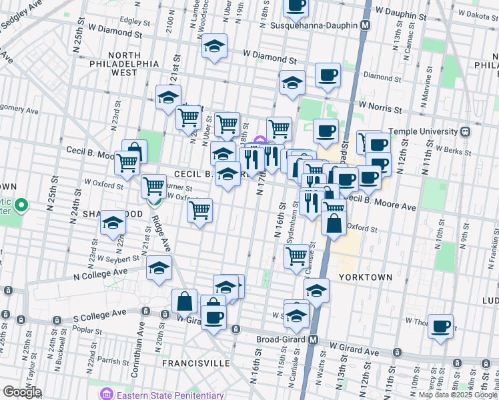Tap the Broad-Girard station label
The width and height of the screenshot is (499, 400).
point(281,339)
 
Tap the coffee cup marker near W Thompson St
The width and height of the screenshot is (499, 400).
point(440,327)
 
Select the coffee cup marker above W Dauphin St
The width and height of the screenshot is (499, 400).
point(296,5)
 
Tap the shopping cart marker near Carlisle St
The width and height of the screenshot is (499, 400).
point(296,255)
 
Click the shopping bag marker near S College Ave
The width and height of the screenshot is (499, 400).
point(184,301)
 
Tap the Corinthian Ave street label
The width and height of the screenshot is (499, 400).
point(141,340)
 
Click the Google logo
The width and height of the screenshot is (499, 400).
point(22,392)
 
